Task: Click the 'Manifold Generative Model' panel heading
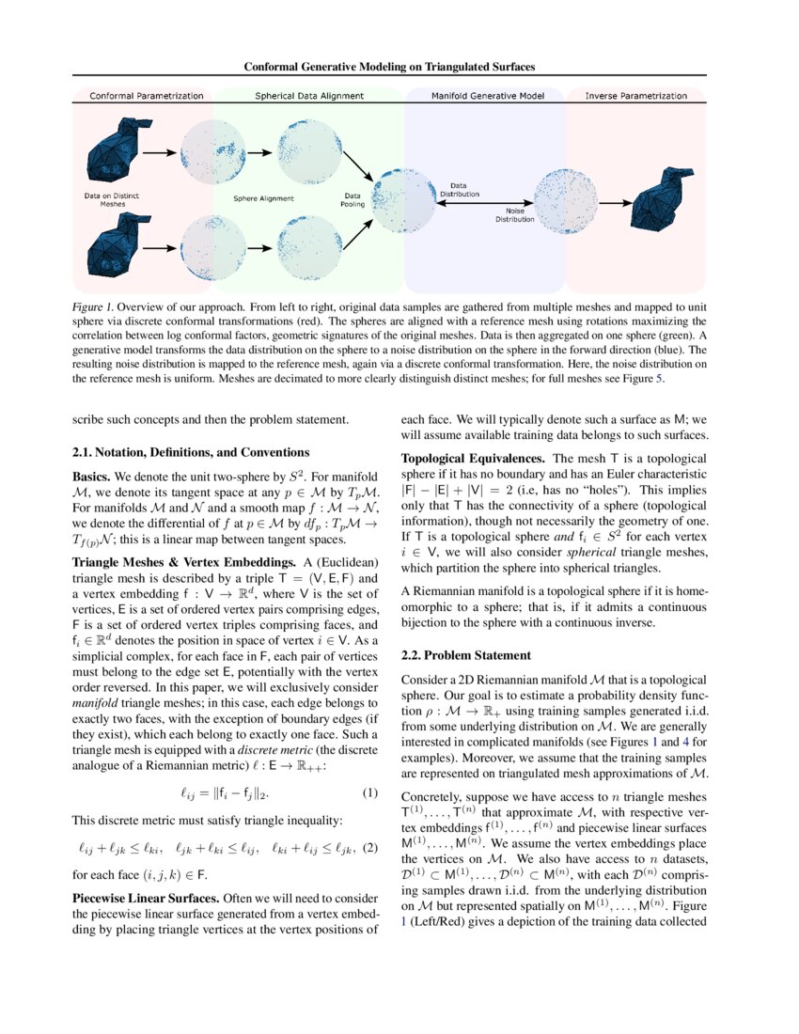pos(483,96)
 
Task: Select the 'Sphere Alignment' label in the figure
pos(263,198)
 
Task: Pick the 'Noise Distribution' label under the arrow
pos(515,215)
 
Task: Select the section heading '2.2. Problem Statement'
pos(465,654)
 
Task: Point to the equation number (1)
pos(370,793)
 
